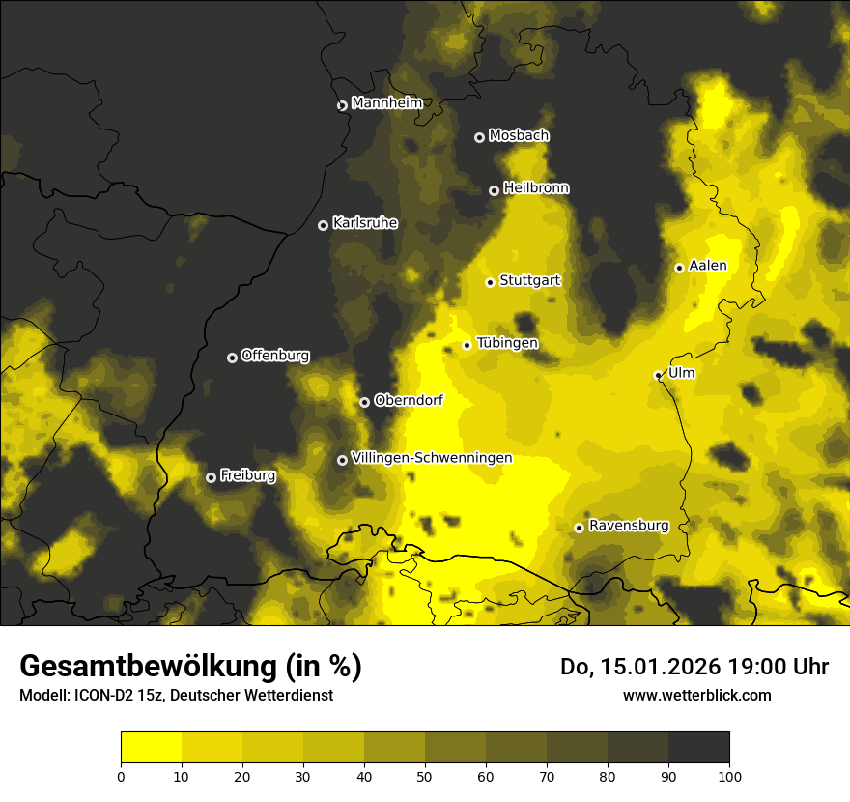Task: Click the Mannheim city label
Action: (x=387, y=103)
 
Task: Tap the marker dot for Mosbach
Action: (x=479, y=137)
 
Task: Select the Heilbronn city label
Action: (x=536, y=188)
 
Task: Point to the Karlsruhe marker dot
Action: (x=323, y=225)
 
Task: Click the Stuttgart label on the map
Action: (x=529, y=280)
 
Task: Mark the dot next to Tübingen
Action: (x=467, y=345)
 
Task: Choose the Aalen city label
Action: (x=708, y=266)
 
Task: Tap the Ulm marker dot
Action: (x=658, y=375)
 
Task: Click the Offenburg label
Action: (x=275, y=356)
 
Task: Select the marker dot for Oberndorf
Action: (x=364, y=402)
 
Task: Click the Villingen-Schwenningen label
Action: (x=432, y=458)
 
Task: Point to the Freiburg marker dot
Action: (x=211, y=477)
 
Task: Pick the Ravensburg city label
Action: (x=629, y=526)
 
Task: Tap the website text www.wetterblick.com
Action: (x=697, y=695)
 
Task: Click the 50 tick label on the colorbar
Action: (x=425, y=775)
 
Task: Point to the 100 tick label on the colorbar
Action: (x=729, y=775)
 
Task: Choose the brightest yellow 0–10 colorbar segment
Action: (x=152, y=747)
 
